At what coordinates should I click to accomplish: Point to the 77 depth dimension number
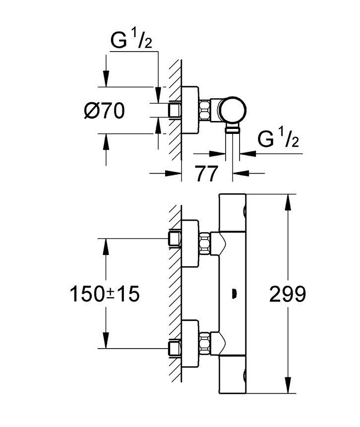(x=206, y=174)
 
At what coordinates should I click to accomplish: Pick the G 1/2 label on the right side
(x=279, y=140)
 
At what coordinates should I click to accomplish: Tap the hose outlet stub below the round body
(x=233, y=129)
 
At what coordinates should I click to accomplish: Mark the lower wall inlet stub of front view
(x=174, y=348)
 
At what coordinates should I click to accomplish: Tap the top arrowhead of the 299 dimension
(x=287, y=201)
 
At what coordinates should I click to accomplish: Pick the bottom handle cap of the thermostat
(x=233, y=376)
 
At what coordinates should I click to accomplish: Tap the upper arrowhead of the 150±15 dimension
(x=106, y=245)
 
